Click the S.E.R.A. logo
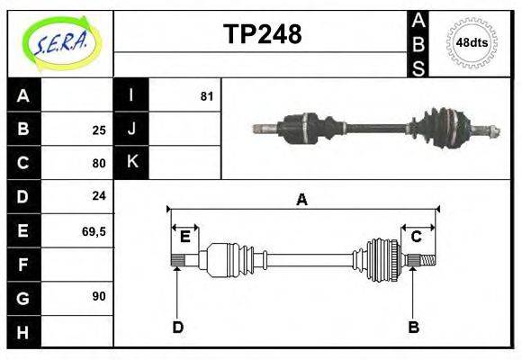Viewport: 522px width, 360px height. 60,42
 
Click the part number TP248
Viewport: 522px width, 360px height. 262,34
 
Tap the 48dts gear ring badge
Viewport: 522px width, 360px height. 472,42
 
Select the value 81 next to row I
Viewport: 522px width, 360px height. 206,95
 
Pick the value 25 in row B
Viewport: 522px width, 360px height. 99,130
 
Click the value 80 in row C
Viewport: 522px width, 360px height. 99,163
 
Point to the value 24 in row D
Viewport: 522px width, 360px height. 99,195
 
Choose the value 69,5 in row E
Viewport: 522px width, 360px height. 94,230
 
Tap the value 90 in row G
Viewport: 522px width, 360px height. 99,295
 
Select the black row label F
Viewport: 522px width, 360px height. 23,265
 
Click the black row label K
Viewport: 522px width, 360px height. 131,162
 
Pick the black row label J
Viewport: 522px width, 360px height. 131,129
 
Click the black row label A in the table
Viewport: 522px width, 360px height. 23,96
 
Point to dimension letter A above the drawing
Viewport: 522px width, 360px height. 302,200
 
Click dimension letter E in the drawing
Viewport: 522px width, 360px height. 184,238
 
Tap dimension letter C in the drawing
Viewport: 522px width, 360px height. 417,237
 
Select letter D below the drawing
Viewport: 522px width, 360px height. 177,327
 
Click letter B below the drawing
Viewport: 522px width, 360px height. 414,327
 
